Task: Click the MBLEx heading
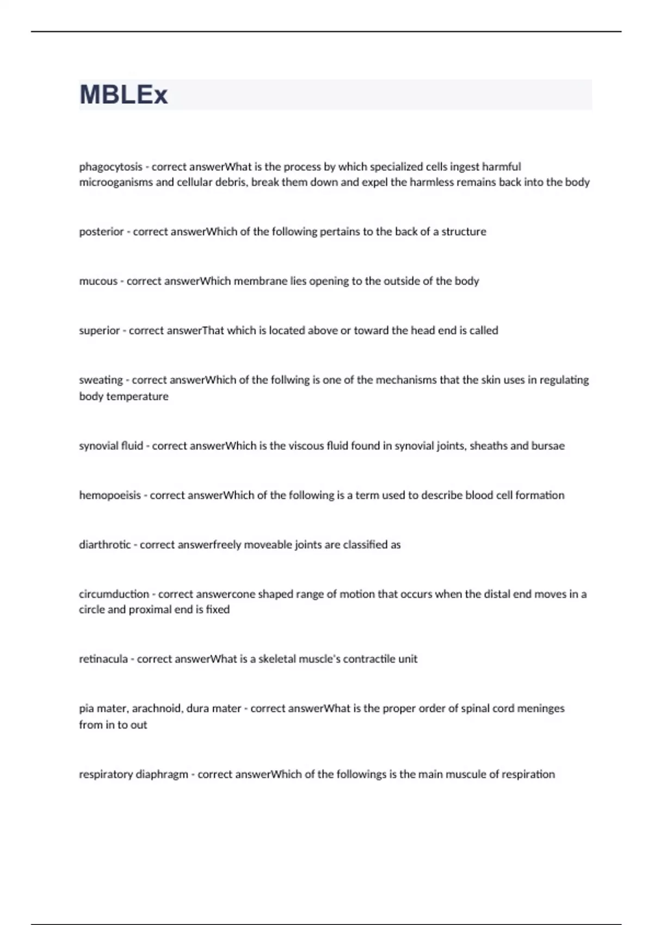click(x=124, y=95)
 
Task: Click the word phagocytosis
click(x=110, y=166)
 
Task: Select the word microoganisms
click(x=116, y=182)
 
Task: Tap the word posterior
click(x=101, y=232)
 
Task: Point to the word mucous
click(x=98, y=281)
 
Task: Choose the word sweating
click(x=101, y=380)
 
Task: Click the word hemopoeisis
click(x=110, y=495)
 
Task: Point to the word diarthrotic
click(x=104, y=545)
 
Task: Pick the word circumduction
click(x=114, y=594)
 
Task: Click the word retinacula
click(x=103, y=659)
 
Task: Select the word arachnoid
click(x=156, y=708)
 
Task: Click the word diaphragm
click(x=161, y=774)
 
